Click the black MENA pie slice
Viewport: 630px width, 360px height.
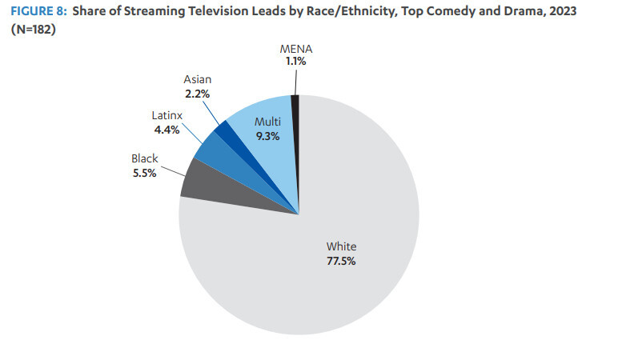coord(295,104)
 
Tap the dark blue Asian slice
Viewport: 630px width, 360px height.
coord(223,131)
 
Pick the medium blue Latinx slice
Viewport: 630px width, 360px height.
coord(210,148)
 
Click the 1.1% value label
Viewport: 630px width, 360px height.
coord(295,62)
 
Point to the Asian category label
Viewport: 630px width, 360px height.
coord(197,79)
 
